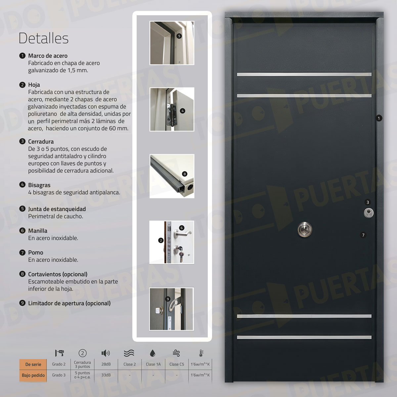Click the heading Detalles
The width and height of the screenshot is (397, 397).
point(43,38)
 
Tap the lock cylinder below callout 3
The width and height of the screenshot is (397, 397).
point(368,212)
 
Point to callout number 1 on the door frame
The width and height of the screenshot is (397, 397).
point(379,118)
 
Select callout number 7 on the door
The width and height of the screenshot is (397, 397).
point(363,235)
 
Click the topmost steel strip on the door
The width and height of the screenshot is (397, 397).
point(304,74)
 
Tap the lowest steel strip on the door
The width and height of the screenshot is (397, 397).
point(304,337)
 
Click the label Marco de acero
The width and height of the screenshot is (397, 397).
point(48,56)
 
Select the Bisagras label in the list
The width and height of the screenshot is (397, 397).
point(39,185)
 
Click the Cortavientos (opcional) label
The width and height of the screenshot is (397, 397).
point(58,274)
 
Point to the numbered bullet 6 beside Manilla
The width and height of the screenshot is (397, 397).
point(22,231)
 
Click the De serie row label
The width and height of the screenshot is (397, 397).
point(33,364)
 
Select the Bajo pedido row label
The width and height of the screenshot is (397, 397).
point(33,375)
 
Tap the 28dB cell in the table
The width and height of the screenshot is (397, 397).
point(106,364)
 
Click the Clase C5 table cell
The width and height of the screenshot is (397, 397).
point(177,364)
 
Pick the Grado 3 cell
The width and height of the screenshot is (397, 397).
point(59,375)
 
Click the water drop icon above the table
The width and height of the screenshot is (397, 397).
point(153,353)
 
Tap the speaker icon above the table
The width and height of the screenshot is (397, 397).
point(106,353)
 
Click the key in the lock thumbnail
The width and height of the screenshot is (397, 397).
point(181,254)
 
